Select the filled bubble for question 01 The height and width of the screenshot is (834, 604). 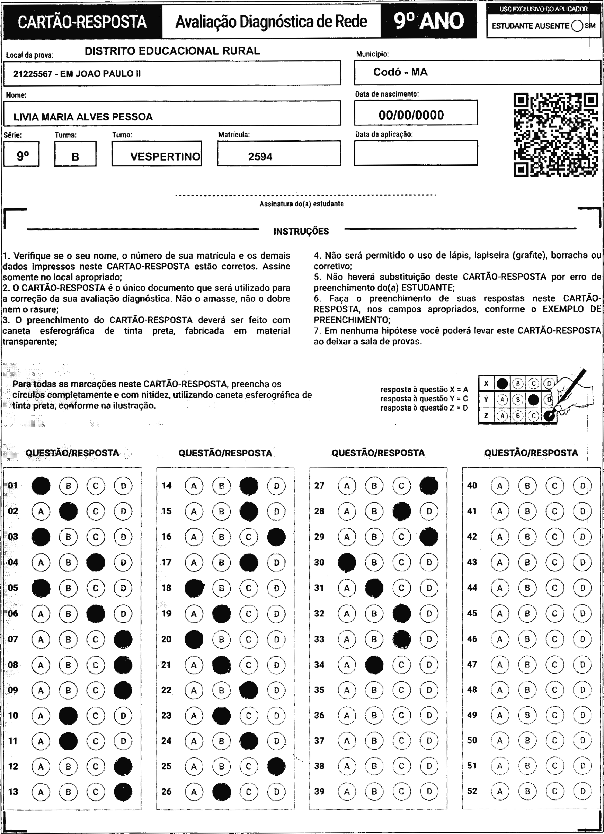pyautogui.click(x=41, y=486)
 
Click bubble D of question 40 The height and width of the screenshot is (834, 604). pyautogui.click(x=582, y=486)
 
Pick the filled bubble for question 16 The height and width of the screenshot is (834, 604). pyautogui.click(x=276, y=537)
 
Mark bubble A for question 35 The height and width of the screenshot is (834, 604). pyautogui.click(x=347, y=690)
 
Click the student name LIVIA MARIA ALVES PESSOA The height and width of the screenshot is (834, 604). pyautogui.click(x=83, y=117)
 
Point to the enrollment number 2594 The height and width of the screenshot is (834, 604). pyautogui.click(x=260, y=157)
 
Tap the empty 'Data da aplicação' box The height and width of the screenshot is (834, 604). pyautogui.click(x=416, y=153)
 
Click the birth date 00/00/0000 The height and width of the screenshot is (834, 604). pyautogui.click(x=411, y=115)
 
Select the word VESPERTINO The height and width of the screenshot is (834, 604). pyautogui.click(x=165, y=157)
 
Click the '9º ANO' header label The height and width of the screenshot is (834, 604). pyautogui.click(x=429, y=21)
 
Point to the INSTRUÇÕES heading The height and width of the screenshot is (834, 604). pyautogui.click(x=301, y=231)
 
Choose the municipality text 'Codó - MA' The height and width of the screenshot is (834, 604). pyautogui.click(x=400, y=72)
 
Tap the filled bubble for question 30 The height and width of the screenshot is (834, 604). pyautogui.click(x=347, y=563)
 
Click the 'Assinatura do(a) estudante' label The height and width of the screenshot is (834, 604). pyautogui.click(x=301, y=204)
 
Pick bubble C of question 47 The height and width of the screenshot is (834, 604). pyautogui.click(x=554, y=664)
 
